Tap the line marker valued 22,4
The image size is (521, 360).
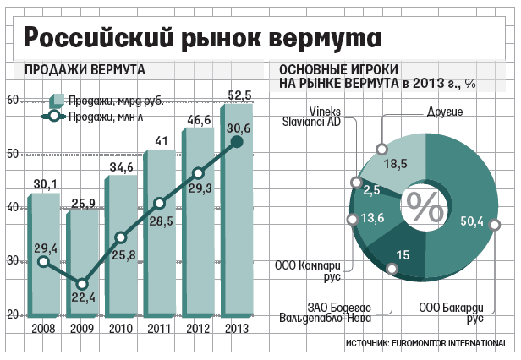(82, 285)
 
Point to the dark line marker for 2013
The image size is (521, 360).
(238, 143)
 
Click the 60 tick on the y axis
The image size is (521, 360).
(13, 101)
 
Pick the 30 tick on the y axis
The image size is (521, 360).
(13, 261)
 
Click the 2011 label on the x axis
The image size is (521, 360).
(160, 330)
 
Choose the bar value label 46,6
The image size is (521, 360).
(199, 121)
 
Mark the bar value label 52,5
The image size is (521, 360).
(238, 94)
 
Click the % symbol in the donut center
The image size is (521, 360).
(424, 203)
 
